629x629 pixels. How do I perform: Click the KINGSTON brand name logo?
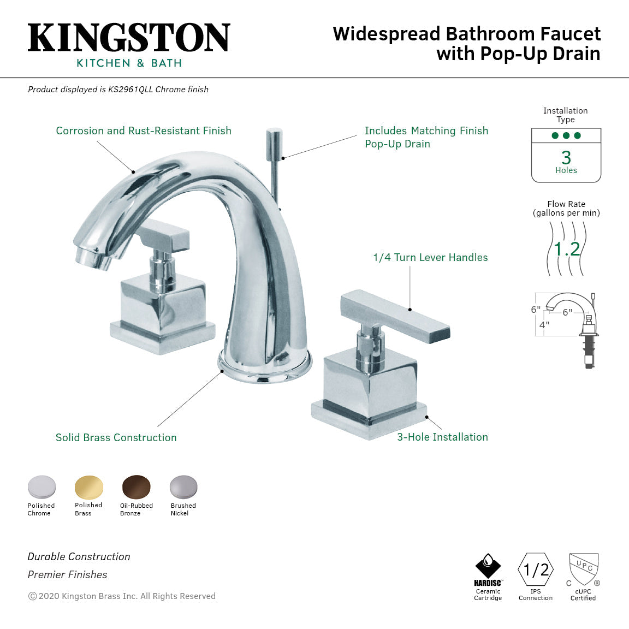(x=129, y=38)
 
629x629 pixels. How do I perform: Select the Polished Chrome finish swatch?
(x=41, y=487)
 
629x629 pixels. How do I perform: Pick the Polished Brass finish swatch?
(x=89, y=487)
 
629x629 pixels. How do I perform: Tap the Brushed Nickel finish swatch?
(x=183, y=487)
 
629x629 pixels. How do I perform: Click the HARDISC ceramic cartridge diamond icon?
(x=488, y=566)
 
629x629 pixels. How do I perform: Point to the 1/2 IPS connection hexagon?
(x=536, y=570)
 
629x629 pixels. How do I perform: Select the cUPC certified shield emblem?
(x=584, y=568)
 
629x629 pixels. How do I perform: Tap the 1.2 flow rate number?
(x=566, y=250)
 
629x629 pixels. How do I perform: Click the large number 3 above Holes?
(x=566, y=158)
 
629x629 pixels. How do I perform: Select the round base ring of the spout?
(x=265, y=366)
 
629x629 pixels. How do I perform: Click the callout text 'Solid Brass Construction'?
(x=116, y=437)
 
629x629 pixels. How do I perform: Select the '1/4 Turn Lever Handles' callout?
(x=430, y=257)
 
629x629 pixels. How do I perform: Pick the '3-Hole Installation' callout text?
(x=442, y=437)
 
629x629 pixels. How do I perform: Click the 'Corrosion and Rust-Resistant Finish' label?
(x=144, y=130)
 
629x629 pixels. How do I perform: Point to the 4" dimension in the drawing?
(x=544, y=325)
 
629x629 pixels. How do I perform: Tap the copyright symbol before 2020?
(x=32, y=596)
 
